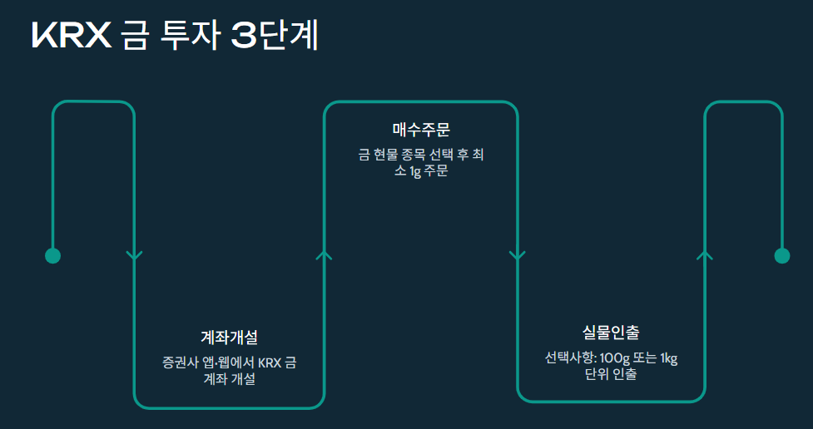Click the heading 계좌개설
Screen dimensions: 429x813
click(230, 338)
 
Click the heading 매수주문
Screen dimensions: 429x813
click(421, 130)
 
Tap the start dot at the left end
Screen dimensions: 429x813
click(52, 255)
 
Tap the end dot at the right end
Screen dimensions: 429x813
click(781, 255)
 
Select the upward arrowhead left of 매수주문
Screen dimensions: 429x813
click(325, 254)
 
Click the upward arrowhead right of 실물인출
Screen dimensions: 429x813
click(705, 254)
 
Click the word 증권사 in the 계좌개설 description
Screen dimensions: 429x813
click(181, 363)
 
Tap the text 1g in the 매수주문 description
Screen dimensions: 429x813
click(415, 172)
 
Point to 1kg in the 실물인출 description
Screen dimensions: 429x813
click(669, 358)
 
